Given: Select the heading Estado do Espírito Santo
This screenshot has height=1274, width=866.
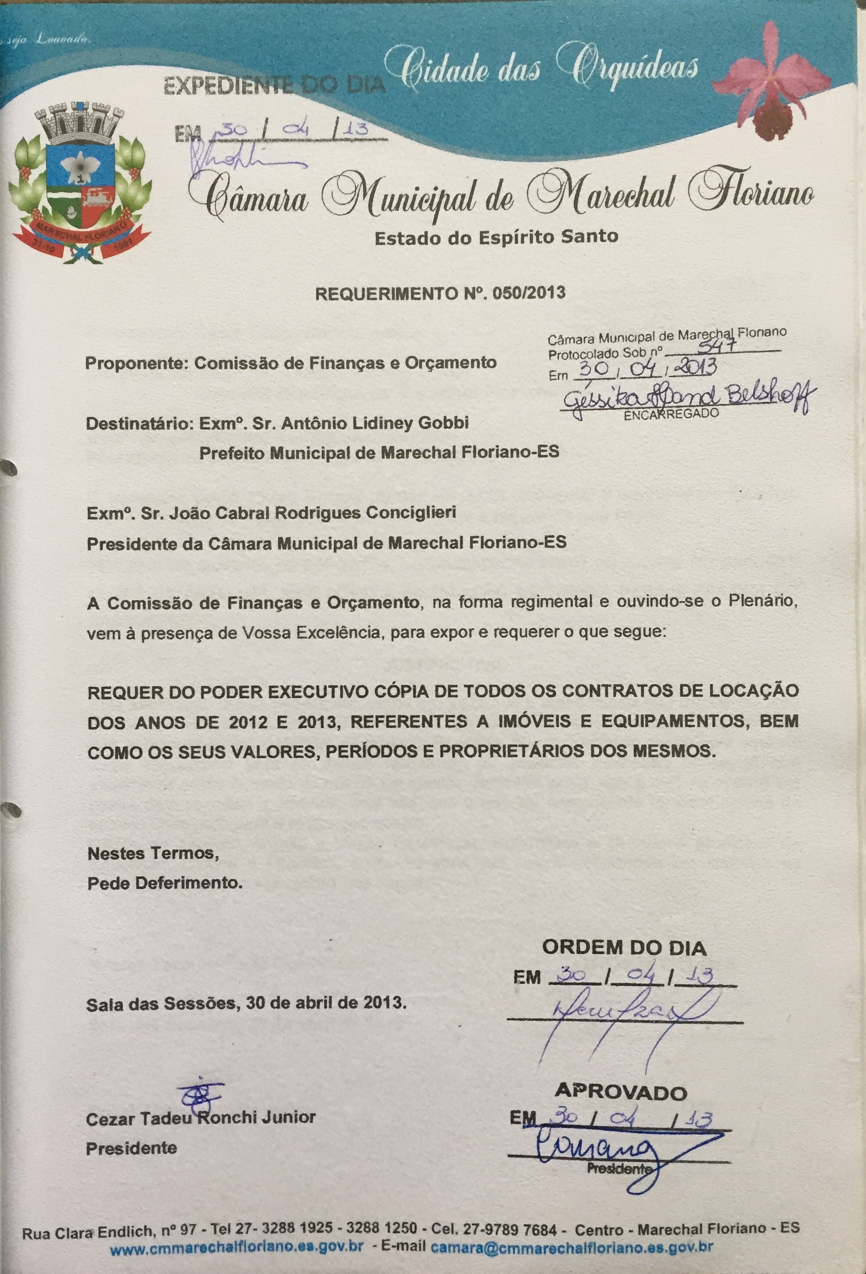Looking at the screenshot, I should click(496, 237).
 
